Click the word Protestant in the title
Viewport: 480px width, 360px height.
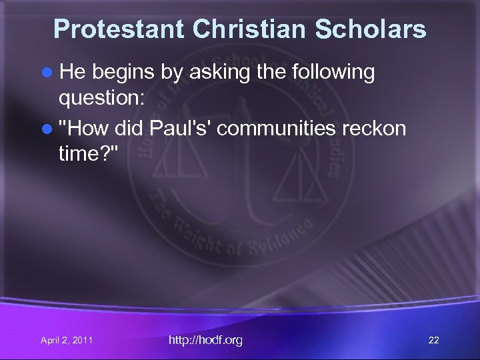119,29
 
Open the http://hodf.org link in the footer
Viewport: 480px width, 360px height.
205,340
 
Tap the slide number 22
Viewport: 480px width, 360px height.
433,341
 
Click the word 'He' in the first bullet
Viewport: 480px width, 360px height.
71,72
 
